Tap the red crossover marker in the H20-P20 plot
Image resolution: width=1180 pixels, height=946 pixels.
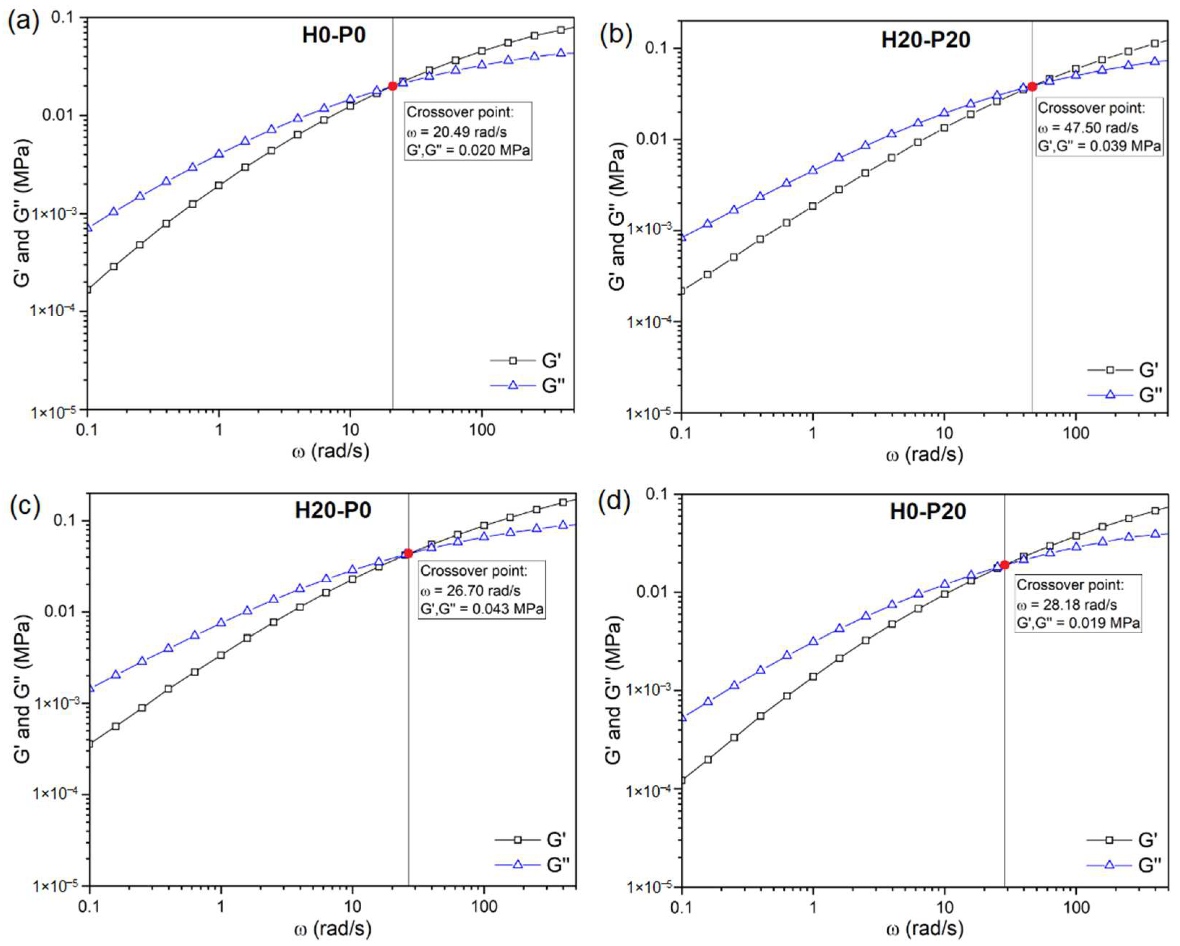point(1032,86)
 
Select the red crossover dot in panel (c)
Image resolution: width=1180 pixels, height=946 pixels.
point(408,553)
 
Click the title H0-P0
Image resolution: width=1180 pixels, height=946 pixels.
point(334,35)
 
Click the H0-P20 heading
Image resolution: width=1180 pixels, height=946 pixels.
point(928,511)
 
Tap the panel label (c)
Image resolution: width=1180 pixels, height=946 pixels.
point(24,506)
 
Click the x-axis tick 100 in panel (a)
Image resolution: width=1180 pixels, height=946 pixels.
point(482,430)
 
